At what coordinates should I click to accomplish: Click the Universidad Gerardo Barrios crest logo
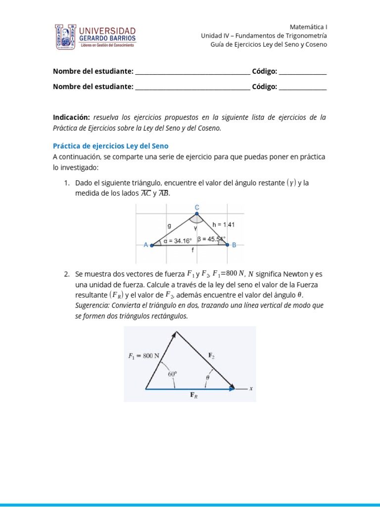click(66, 37)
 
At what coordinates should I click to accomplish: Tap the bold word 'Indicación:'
click(71, 118)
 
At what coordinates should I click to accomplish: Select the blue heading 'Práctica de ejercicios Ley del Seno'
click(111, 146)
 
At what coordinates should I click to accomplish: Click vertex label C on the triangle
click(197, 207)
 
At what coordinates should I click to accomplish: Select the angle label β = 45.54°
click(211, 239)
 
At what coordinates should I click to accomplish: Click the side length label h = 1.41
click(223, 225)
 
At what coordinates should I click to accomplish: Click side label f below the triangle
click(192, 251)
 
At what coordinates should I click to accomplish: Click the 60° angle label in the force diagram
click(172, 375)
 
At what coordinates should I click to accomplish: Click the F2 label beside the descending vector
click(211, 355)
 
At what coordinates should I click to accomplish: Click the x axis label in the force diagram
click(251, 389)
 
